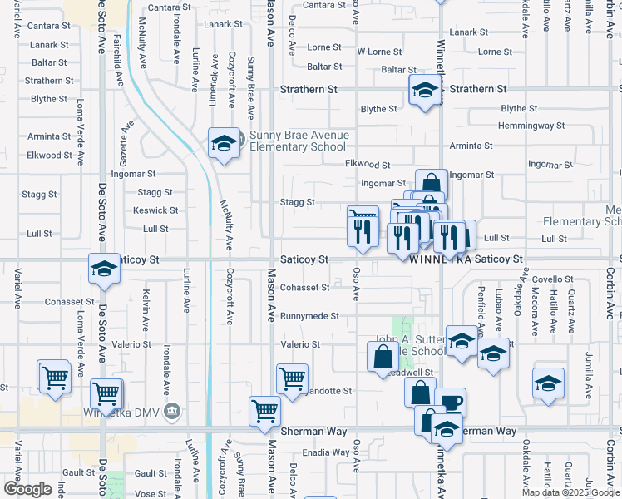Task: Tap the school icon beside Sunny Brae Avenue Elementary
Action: coord(223,144)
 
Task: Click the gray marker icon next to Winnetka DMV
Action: coord(173,410)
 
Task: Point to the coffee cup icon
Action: coord(450,403)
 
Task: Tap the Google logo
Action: coord(27,489)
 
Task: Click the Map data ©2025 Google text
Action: coord(570,492)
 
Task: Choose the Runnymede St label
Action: coord(309,316)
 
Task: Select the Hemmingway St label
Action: coord(531,126)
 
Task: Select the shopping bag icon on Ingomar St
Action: coord(432,184)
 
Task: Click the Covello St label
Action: coord(548,279)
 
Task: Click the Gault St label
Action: coord(151,473)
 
